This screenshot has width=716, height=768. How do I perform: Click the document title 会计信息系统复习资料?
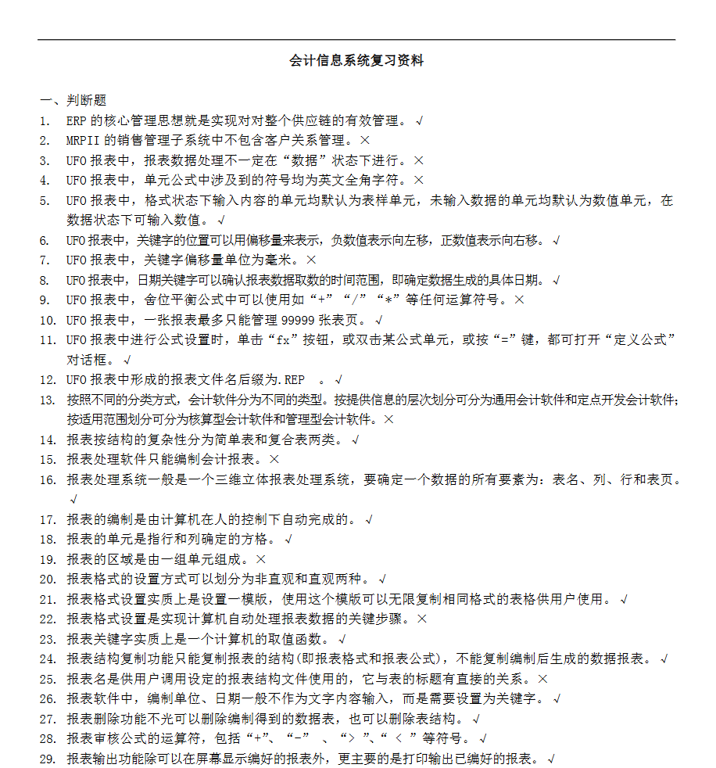[x=356, y=61]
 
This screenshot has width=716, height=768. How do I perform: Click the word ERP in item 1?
[x=76, y=121]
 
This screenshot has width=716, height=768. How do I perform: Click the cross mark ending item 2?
[x=364, y=141]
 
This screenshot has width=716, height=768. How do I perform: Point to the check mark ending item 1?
[x=420, y=121]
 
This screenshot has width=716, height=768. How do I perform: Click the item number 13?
[x=48, y=400]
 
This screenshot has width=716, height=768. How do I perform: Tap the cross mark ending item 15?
[x=274, y=460]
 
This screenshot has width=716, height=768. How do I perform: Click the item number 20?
[x=48, y=580]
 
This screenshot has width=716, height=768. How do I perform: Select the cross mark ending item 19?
[x=261, y=559]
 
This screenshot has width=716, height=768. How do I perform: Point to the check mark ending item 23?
[x=341, y=640]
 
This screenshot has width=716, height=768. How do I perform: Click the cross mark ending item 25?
[x=543, y=679]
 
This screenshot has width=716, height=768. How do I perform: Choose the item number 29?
[x=48, y=759]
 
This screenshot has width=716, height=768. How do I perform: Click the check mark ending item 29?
[x=551, y=759]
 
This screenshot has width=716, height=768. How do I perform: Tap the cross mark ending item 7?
[x=311, y=260]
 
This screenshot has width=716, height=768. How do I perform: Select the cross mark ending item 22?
[x=422, y=619]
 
